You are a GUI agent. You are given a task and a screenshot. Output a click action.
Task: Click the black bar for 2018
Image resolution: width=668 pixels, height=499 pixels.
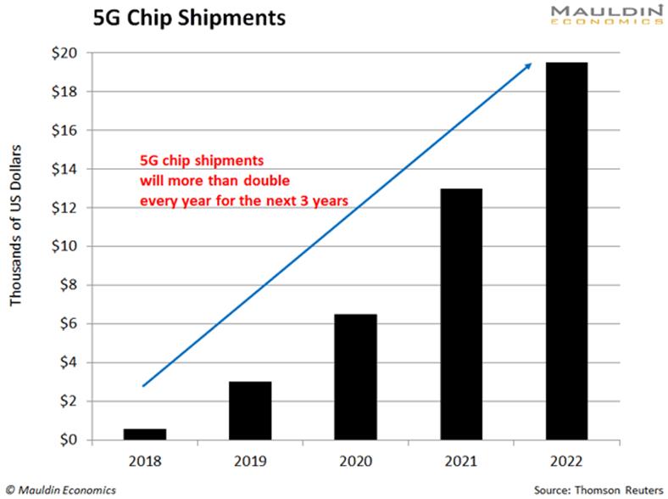(x=145, y=434)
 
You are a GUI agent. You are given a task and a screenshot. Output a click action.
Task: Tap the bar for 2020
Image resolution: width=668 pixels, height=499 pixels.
(x=356, y=377)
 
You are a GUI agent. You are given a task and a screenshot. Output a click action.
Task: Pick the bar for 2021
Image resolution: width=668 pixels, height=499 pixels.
(x=461, y=314)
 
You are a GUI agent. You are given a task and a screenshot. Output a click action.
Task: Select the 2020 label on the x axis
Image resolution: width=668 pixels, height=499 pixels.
(x=356, y=463)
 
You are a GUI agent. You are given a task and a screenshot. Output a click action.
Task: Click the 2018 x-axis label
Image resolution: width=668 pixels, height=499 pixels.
(x=145, y=463)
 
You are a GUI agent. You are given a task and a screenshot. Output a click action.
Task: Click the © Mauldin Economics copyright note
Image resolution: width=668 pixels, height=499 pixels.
(x=60, y=490)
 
